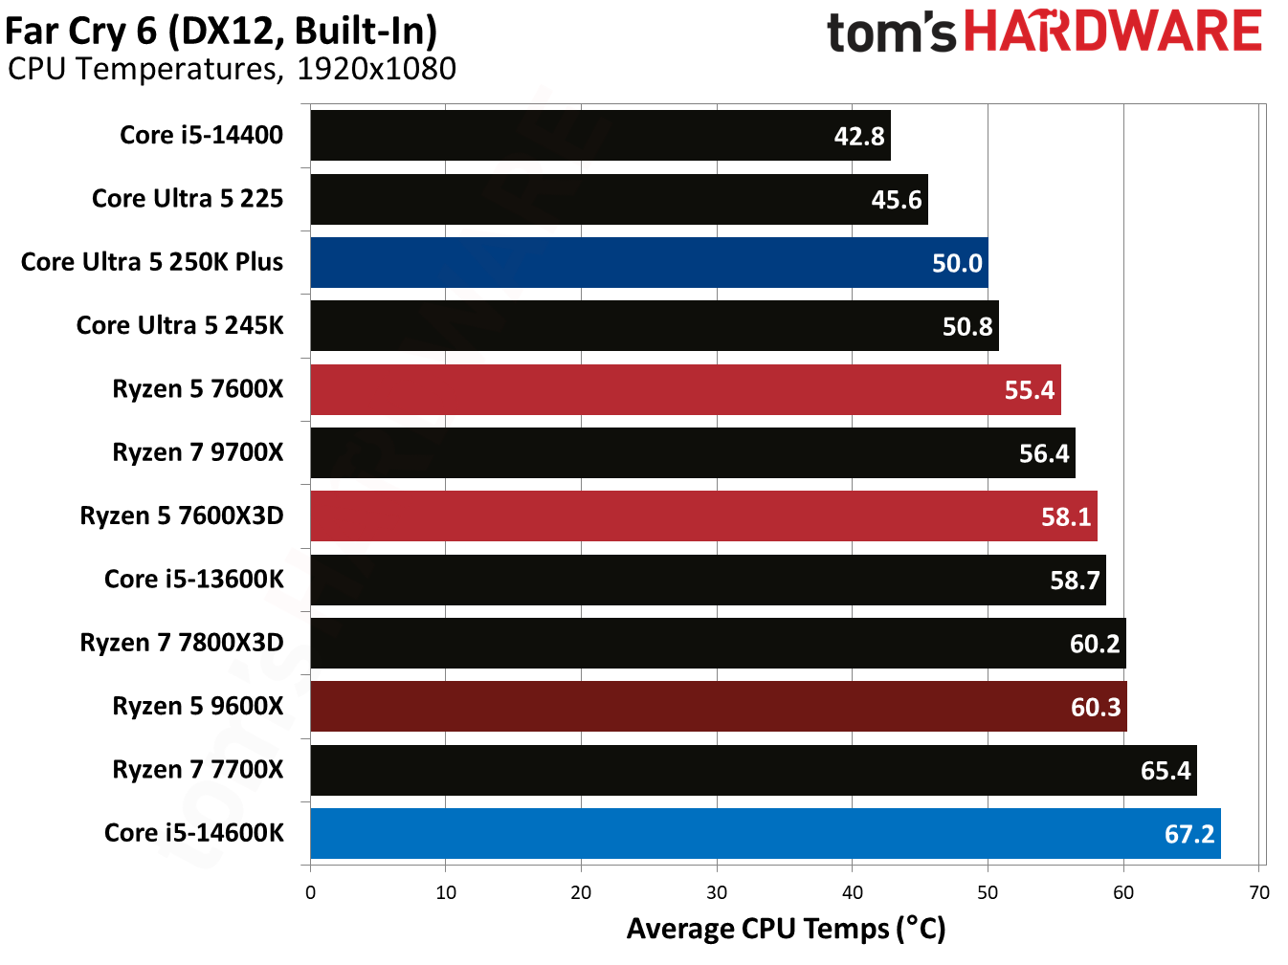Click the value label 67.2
tap(1188, 834)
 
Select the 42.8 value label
tap(858, 136)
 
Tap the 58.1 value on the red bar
tap(1065, 517)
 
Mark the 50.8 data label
tap(966, 327)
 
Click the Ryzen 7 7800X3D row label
tap(182, 643)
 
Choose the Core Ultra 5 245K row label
tap(180, 325)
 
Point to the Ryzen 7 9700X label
tap(198, 452)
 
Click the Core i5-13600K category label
tap(193, 580)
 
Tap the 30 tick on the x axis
tap(717, 892)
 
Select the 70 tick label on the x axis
tap(1259, 892)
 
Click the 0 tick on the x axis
tap(310, 892)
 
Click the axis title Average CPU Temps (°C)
tap(786, 929)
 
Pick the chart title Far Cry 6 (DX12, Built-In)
tap(221, 31)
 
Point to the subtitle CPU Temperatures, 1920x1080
tap(232, 69)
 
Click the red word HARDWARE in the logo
tap(1112, 32)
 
